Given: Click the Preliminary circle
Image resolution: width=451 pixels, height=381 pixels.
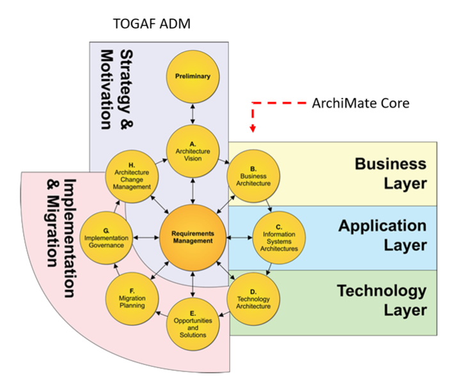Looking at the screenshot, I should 193,77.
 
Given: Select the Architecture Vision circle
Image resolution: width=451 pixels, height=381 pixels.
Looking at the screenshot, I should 193,152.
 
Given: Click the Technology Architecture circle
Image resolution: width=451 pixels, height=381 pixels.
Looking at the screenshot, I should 253,299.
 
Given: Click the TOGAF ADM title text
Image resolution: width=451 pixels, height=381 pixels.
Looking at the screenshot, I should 152,24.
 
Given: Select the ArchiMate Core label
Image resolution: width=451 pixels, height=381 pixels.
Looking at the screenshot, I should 360,103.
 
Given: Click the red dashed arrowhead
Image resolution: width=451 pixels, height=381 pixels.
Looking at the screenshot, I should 253,129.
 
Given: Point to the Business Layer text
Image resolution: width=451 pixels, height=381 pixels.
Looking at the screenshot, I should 390,173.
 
